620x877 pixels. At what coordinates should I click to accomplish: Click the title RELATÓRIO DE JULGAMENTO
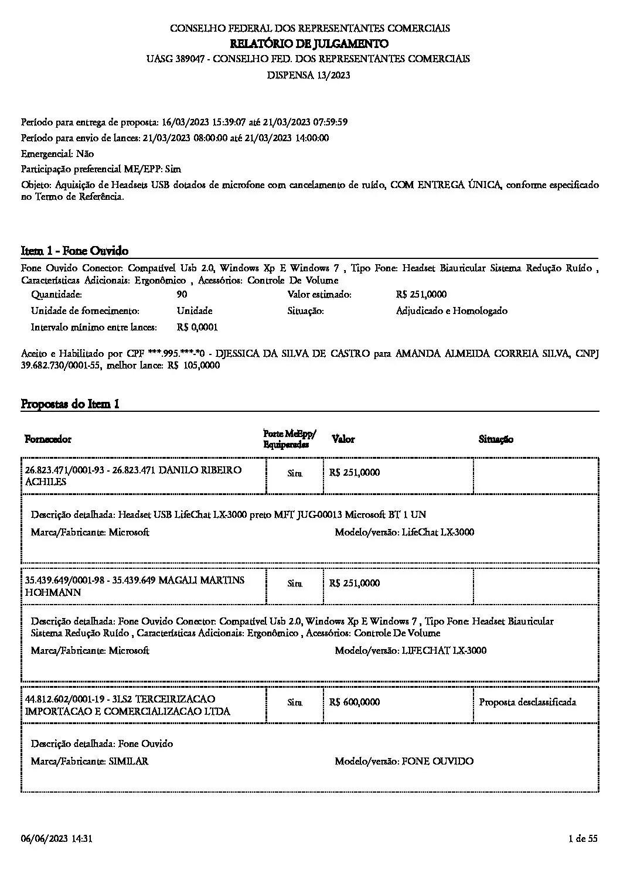coord(309,43)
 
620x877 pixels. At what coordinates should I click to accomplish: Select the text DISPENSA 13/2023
coord(309,75)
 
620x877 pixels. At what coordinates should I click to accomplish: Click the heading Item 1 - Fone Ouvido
coord(74,251)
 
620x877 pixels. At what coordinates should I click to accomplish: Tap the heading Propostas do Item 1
coord(70,404)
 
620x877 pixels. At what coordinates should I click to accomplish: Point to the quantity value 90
coord(182,295)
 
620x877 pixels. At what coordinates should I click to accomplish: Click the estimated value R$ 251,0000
coord(421,295)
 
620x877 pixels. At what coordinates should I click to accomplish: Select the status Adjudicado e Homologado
coord(451,311)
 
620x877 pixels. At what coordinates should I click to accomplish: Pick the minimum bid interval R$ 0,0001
coord(197,327)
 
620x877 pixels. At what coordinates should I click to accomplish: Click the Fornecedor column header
coord(48,439)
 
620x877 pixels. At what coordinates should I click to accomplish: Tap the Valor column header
coord(343,439)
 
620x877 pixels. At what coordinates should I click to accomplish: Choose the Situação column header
coord(496,439)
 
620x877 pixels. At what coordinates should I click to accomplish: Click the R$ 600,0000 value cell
coord(355,702)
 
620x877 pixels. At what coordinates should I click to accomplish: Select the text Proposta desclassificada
coord(527,702)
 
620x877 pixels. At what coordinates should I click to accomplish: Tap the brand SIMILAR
coord(128,762)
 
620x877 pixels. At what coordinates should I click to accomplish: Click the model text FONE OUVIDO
coord(437,762)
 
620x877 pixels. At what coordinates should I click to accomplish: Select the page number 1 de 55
coord(583,839)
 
